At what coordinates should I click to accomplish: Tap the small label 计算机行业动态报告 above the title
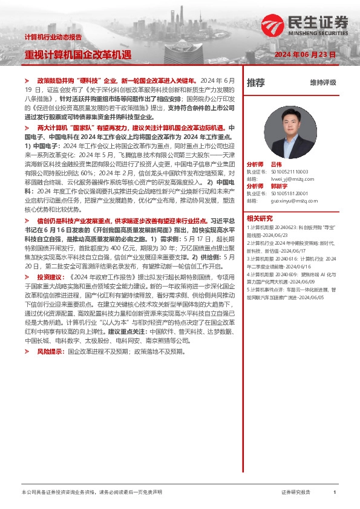pos(53,37)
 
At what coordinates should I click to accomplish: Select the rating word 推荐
pos(255,83)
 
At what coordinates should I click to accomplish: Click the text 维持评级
pos(322,83)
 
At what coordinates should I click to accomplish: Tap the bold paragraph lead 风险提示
pos(49,351)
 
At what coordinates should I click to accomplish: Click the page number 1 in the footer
pos(335,493)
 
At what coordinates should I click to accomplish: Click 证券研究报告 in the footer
pos(296,493)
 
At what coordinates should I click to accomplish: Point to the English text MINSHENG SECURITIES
pos(322,34)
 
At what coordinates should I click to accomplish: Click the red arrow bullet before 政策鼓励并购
pos(27,80)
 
